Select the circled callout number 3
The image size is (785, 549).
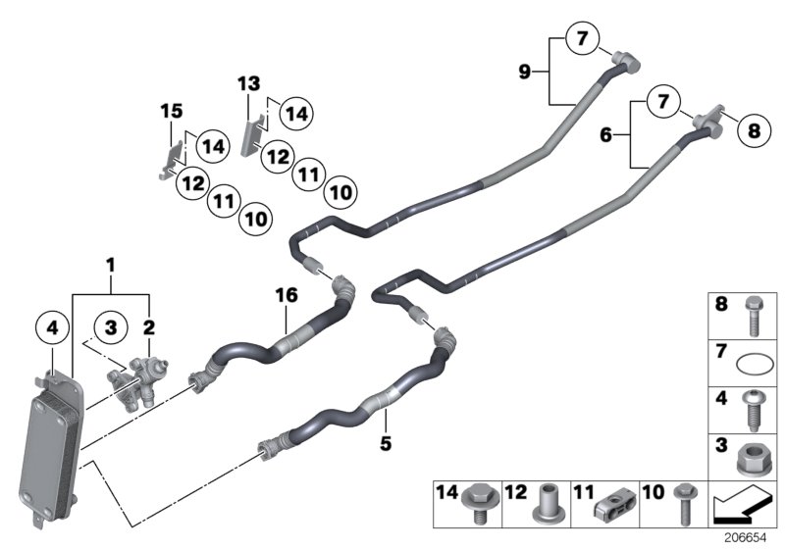tap(114, 327)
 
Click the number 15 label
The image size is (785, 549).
tap(172, 113)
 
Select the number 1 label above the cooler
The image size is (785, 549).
tap(111, 265)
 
